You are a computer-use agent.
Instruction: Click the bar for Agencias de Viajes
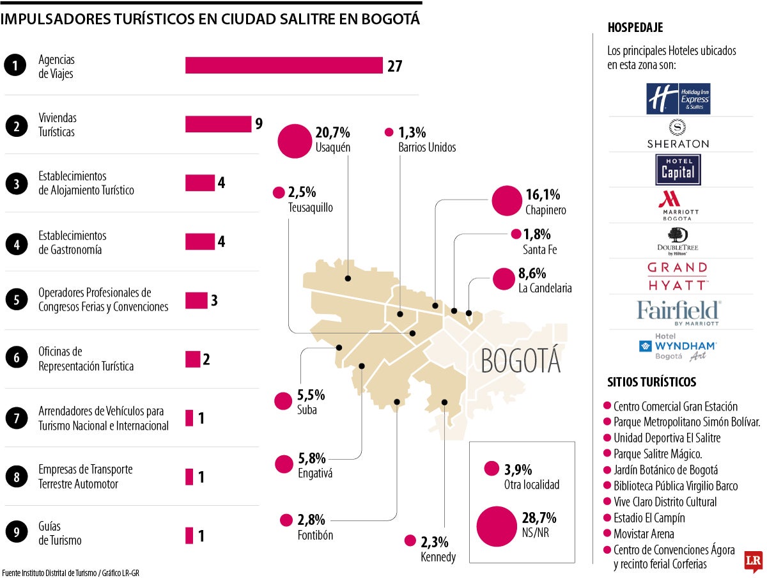tap(284, 65)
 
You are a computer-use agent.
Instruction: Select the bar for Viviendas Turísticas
tap(218, 124)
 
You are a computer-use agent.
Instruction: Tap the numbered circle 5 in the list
tap(17, 299)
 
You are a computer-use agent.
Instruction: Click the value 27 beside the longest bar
tap(395, 66)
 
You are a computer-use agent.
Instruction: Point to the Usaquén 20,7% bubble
tap(295, 141)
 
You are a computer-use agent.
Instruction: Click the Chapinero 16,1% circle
tap(507, 201)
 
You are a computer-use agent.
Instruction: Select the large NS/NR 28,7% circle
tap(497, 526)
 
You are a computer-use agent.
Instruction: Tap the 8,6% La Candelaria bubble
tap(504, 279)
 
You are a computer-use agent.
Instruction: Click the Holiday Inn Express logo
tap(678, 98)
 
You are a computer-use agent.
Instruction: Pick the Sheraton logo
tap(678, 134)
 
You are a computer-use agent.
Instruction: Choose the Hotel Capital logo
tap(678, 170)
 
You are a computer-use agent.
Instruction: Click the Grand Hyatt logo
tap(678, 276)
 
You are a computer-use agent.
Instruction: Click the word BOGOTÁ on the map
tap(521, 360)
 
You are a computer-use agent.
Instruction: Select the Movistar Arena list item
tap(639, 534)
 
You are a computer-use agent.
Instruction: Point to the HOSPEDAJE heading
tap(635, 27)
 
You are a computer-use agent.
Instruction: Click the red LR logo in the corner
tap(754, 561)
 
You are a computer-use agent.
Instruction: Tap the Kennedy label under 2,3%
tap(438, 557)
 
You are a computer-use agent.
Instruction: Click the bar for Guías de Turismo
tap(189, 535)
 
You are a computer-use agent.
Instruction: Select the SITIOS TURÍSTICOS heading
tap(652, 382)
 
